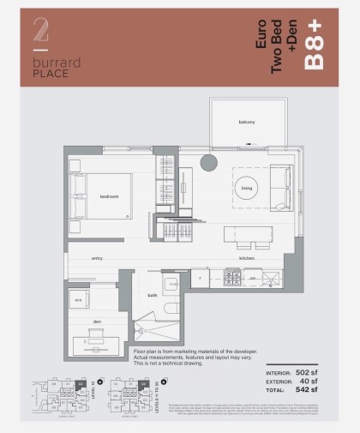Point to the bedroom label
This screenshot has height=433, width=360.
[x=109, y=196]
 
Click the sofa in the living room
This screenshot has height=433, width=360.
[x=279, y=180]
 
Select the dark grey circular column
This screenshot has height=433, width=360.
[x=208, y=164]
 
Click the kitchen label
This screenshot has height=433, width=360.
[x=247, y=257]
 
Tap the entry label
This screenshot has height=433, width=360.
[x=98, y=257]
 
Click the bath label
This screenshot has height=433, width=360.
[x=152, y=295]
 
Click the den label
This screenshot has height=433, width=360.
[x=99, y=322]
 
